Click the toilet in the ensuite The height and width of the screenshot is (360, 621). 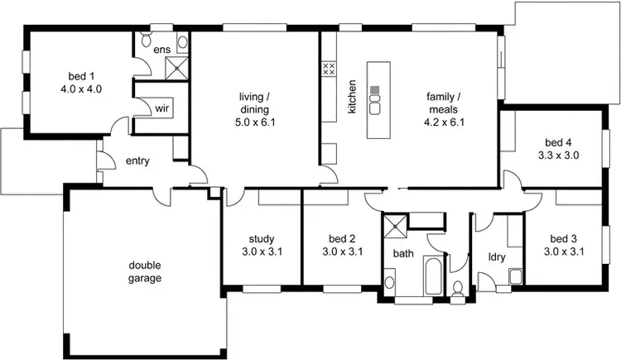point(146,41)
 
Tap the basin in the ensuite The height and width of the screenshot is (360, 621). point(182,41)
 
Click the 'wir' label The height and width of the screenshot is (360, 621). point(162,108)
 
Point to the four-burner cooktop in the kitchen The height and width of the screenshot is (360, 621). point(328,69)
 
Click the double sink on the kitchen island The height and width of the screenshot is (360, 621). point(375,103)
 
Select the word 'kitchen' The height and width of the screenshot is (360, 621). point(352,97)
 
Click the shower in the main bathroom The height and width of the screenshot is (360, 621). point(394,226)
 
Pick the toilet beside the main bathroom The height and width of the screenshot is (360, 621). point(458,287)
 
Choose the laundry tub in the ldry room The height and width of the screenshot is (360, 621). point(515,276)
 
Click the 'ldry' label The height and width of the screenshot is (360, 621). point(497,257)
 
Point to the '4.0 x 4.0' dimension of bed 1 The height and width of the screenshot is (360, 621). point(80,89)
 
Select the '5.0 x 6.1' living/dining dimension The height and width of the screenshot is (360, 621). point(255,122)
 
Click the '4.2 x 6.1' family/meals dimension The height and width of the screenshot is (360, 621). point(444,122)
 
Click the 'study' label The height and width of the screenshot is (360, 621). point(261,239)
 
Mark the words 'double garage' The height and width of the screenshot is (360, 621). point(144,271)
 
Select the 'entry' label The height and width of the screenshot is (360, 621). point(137,161)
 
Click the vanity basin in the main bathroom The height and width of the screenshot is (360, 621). point(390,282)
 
